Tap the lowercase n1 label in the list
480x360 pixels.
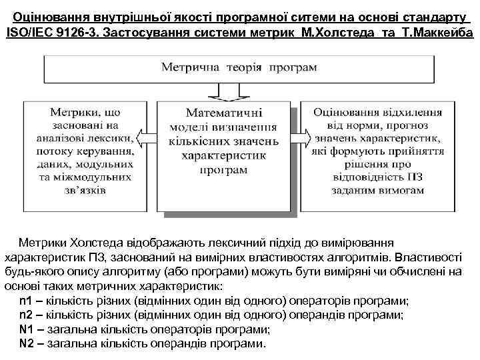[27, 301]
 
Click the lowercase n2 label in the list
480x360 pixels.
[27, 315]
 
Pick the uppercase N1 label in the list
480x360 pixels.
[27, 329]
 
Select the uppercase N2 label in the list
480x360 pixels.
[27, 343]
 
